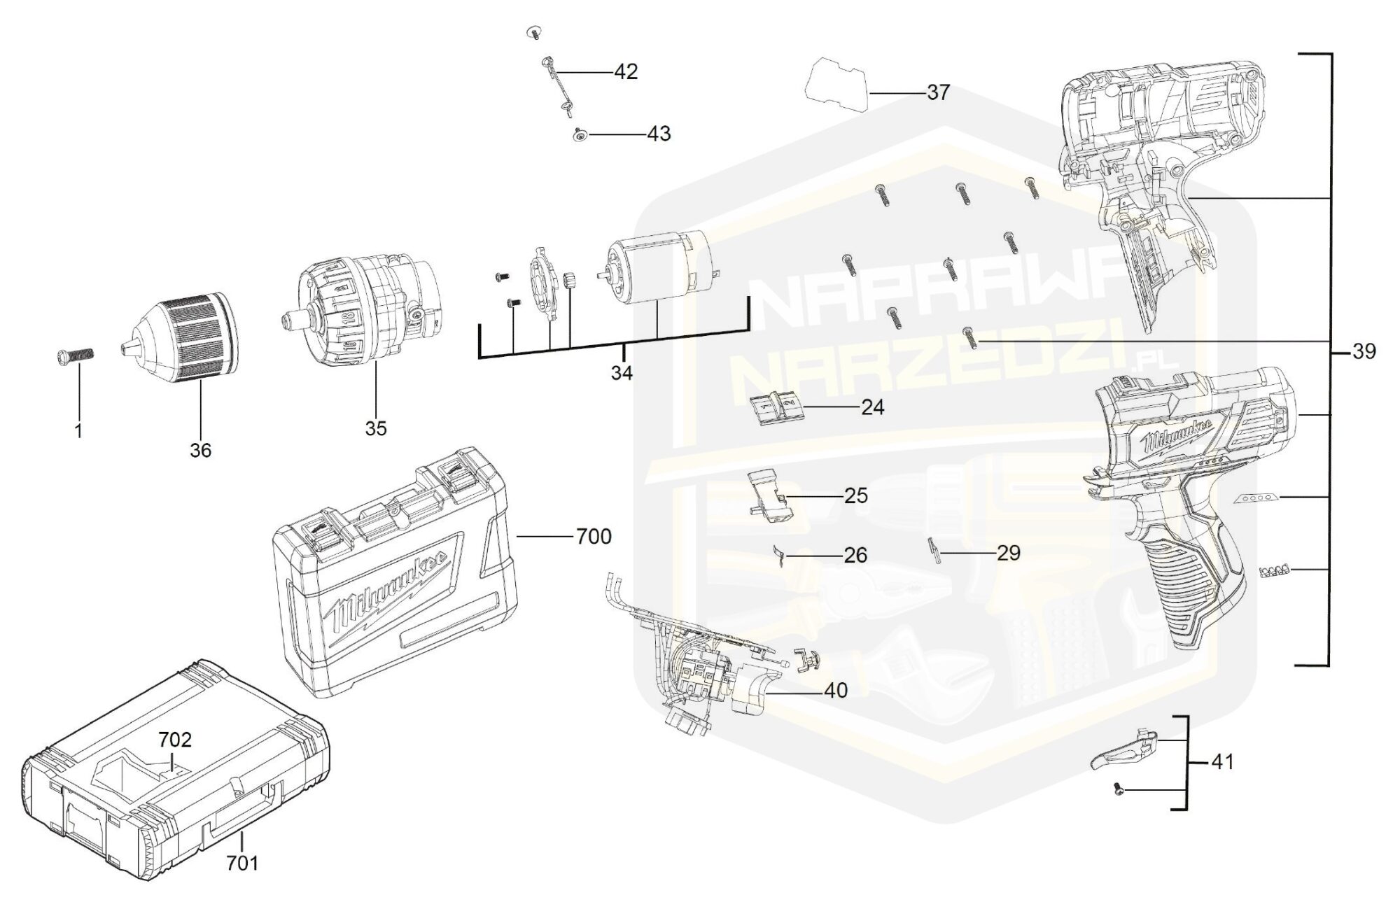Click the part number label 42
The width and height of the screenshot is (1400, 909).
click(626, 72)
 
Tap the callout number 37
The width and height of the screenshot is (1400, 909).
click(938, 92)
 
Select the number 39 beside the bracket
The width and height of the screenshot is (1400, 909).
click(1364, 351)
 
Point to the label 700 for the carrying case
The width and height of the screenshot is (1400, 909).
click(594, 537)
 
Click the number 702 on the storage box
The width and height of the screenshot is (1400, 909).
click(175, 740)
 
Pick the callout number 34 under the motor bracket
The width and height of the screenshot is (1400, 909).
click(622, 374)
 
